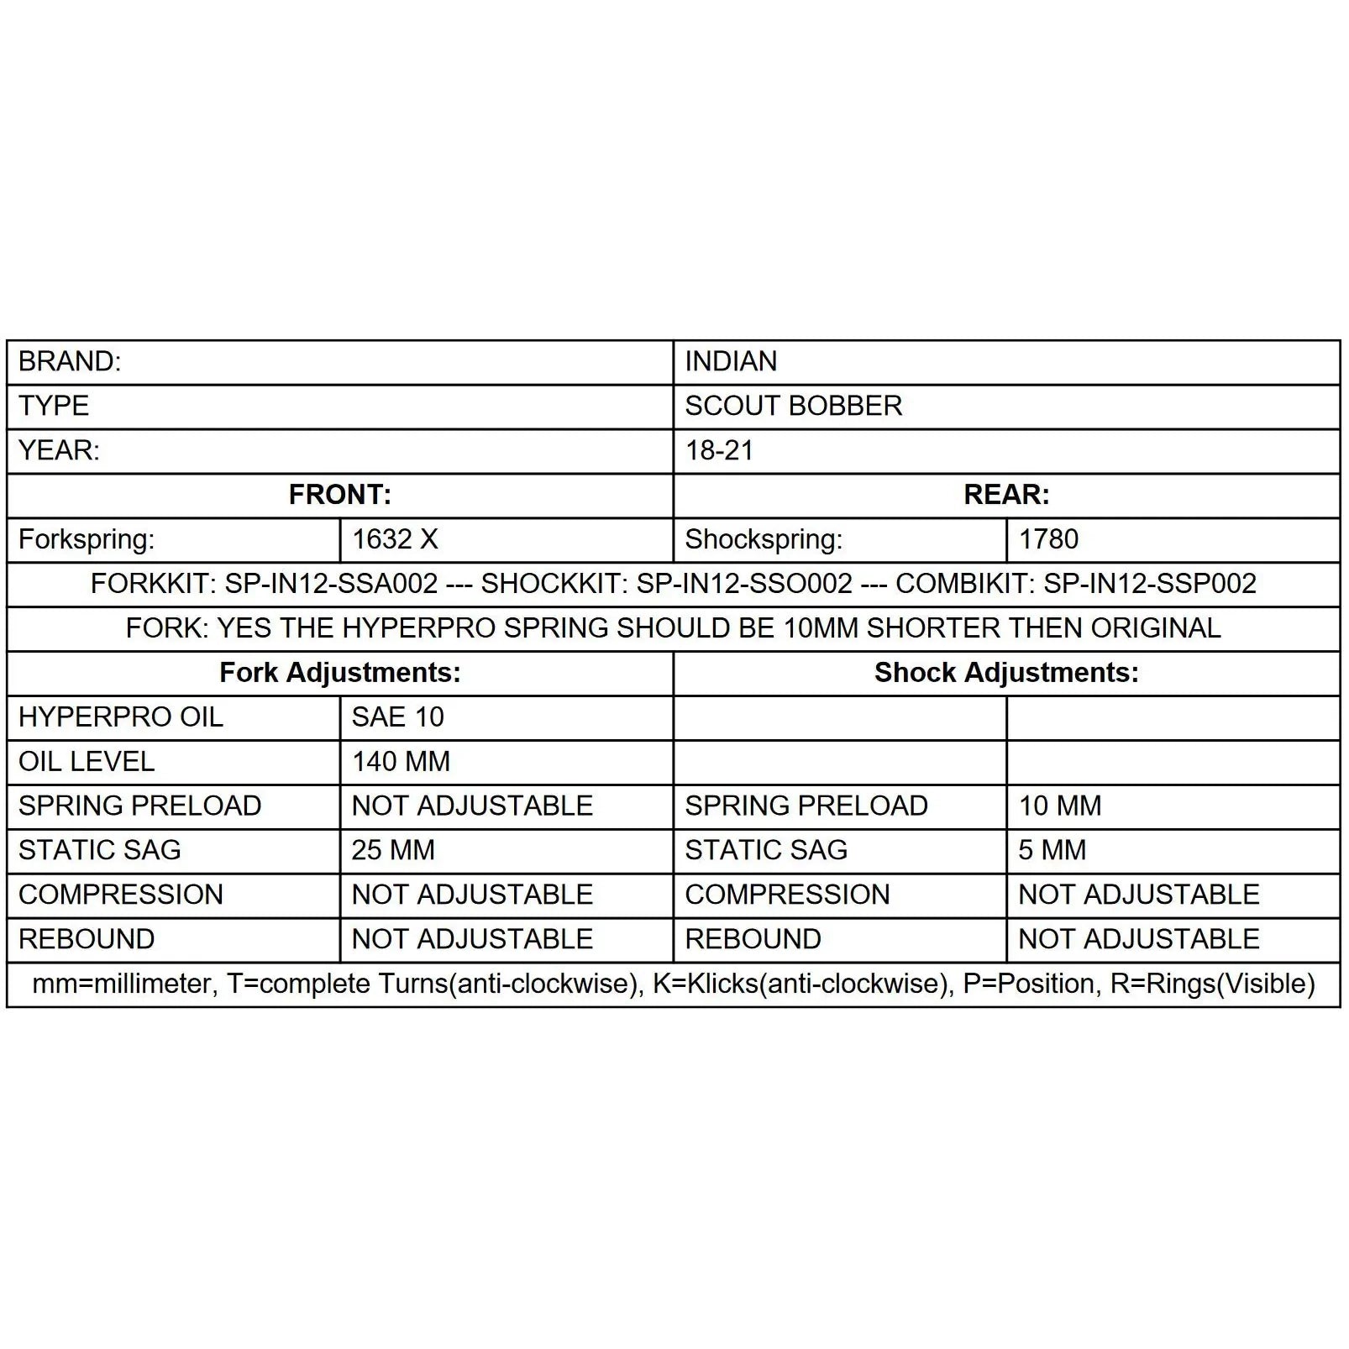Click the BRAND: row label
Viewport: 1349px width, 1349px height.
click(70, 362)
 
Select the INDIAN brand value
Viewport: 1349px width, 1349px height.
click(731, 362)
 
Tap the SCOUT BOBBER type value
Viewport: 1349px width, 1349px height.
click(793, 407)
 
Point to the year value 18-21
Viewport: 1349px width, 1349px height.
click(719, 451)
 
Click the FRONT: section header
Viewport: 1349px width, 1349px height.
click(339, 495)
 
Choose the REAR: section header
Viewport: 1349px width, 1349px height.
click(1006, 495)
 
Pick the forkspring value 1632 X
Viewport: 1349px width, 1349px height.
click(395, 539)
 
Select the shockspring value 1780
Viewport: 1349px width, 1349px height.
click(1048, 539)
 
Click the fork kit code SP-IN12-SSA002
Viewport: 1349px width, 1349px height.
click(331, 584)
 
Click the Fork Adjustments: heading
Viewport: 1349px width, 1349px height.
click(339, 673)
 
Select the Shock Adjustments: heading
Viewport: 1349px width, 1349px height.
click(1006, 673)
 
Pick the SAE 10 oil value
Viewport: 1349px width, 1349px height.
click(397, 717)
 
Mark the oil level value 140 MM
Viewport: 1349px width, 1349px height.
click(401, 762)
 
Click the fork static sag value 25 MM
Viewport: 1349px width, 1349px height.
click(393, 850)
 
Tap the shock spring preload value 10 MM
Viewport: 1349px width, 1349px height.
click(1059, 806)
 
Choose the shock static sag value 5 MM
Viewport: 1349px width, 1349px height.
click(1052, 850)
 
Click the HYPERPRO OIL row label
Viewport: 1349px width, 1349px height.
click(121, 717)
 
